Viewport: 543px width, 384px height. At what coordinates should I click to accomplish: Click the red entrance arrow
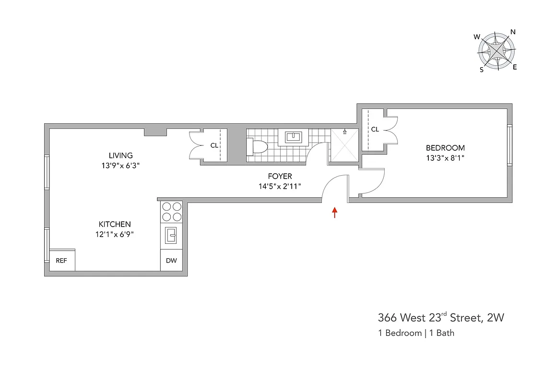pos(334,213)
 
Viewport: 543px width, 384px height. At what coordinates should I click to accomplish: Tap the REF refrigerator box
pos(61,261)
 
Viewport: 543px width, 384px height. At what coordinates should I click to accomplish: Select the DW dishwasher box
pos(171,261)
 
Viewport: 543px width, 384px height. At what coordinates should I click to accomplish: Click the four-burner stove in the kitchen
pos(171,212)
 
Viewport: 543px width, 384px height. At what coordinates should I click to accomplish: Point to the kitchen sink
pos(171,236)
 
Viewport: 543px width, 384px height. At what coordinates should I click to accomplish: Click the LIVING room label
pos(120,156)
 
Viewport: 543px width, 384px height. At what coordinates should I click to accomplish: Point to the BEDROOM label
pos(445,148)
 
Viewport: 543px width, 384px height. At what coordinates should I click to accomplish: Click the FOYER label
pos(280,177)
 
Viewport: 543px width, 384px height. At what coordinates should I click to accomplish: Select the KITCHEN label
pos(115,224)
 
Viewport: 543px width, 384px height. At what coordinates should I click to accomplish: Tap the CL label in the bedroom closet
pos(375,129)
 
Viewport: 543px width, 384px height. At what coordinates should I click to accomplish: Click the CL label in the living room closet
pos(214,145)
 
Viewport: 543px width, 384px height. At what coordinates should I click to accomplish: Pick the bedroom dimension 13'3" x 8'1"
pos(445,157)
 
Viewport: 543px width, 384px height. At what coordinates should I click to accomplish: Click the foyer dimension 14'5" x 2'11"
pos(280,186)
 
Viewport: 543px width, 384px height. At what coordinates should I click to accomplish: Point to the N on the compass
pos(513,32)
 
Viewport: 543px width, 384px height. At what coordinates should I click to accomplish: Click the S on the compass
pos(482,69)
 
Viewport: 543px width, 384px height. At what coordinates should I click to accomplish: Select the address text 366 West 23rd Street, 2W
pos(441,317)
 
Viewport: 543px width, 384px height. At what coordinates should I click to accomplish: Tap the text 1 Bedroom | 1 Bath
pos(416,333)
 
